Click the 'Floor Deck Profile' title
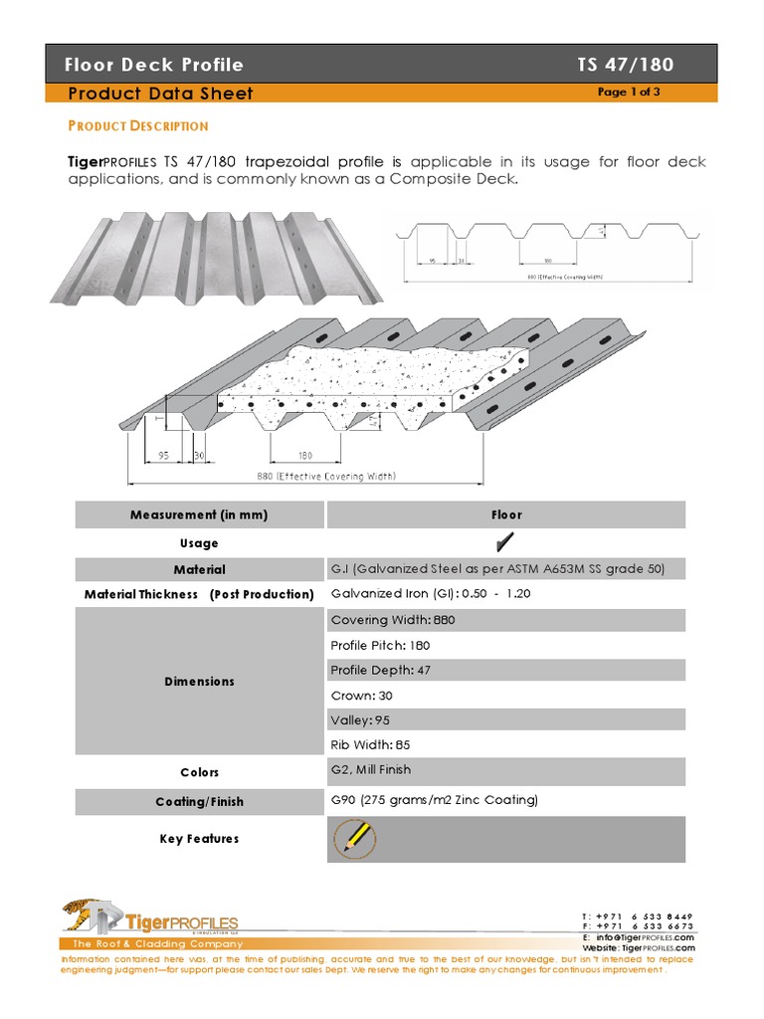[x=153, y=65]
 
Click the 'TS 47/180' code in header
[x=625, y=65]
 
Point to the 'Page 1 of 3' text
[x=629, y=92]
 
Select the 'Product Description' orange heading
[x=137, y=125]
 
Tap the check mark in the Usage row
[x=505, y=542]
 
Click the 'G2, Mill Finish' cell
[x=370, y=770]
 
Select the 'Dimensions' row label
[x=199, y=682]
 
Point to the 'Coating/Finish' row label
[x=199, y=801]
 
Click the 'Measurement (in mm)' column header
[x=199, y=514]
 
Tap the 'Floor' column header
[x=505, y=514]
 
